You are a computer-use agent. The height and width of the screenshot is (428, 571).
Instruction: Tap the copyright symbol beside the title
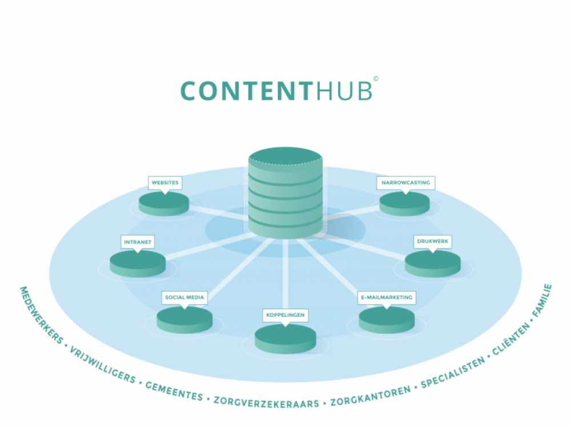[376, 78]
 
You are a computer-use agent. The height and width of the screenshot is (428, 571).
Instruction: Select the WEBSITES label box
[165, 183]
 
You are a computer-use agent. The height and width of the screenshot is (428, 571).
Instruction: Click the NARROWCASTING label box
[405, 183]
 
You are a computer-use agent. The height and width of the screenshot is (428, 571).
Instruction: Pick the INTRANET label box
[138, 242]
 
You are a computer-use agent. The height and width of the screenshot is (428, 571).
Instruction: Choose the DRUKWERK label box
[433, 241]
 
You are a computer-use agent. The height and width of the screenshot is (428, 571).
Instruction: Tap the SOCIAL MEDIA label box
[184, 297]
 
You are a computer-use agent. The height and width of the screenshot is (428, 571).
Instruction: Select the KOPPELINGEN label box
[285, 315]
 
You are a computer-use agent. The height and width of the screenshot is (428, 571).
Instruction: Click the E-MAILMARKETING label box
[387, 297]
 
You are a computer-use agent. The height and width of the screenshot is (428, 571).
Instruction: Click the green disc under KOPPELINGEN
[285, 339]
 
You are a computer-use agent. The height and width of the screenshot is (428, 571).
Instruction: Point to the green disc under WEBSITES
[164, 204]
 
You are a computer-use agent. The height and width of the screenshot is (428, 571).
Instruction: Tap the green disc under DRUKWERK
[433, 264]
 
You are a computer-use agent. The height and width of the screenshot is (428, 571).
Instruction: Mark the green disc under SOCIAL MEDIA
[184, 320]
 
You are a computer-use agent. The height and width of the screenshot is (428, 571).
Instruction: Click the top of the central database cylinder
[285, 155]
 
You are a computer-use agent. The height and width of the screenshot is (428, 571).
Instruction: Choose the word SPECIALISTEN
[453, 372]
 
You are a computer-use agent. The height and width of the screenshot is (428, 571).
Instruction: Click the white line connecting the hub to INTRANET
[208, 247]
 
